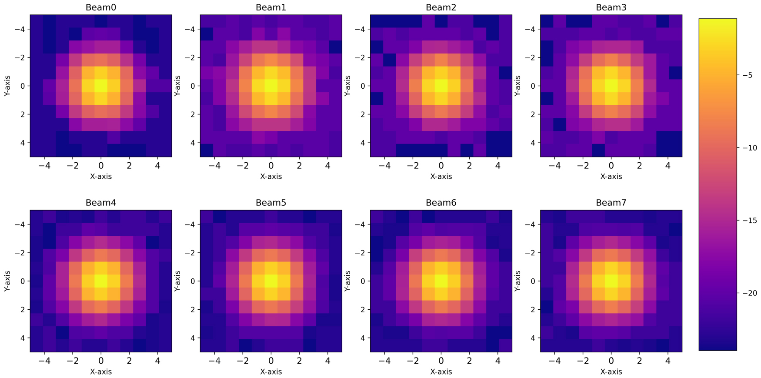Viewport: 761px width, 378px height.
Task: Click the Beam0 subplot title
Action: [101, 7]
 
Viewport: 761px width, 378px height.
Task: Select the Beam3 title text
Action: [611, 7]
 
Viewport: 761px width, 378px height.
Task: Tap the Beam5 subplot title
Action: [271, 203]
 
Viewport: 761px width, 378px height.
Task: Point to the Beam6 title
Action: [441, 203]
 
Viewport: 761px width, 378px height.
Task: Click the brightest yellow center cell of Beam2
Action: [441, 86]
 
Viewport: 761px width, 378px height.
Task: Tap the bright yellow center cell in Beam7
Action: [611, 281]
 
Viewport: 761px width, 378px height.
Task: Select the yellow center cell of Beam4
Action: [101, 281]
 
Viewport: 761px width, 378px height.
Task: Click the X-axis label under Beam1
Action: [271, 177]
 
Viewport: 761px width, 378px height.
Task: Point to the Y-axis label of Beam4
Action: [7, 281]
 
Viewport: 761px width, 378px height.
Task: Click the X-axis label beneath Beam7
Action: [611, 372]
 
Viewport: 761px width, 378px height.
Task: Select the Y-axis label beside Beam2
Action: [347, 86]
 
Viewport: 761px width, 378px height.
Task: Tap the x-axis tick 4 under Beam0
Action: [157, 165]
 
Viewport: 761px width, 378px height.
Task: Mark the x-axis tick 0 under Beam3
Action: [611, 165]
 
